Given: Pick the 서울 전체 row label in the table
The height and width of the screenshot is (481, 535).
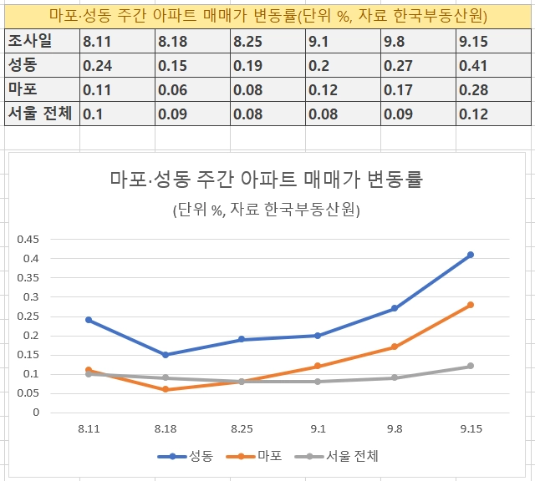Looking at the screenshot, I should (39, 114).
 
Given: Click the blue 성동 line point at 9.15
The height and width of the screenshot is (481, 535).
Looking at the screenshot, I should (471, 255).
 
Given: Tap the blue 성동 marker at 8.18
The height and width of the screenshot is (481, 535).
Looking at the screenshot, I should (166, 355).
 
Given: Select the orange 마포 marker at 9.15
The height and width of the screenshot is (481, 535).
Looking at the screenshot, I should (471, 305).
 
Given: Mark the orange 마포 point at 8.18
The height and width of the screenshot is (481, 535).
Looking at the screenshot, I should (166, 389).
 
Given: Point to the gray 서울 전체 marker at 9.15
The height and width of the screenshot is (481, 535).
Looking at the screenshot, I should (471, 366).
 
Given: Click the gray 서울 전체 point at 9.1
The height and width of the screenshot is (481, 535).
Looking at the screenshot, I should (318, 382).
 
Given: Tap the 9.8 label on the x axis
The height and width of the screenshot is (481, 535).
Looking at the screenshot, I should (394, 428).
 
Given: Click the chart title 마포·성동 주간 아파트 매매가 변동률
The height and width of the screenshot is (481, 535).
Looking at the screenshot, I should (267, 179).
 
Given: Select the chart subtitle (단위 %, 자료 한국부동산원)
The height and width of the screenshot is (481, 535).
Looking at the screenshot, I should (267, 210).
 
